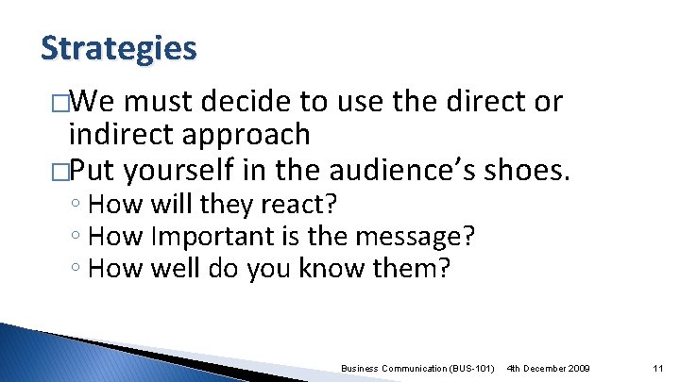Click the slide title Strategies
coord(119,47)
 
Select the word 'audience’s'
coord(401,171)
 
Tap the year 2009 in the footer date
coord(575,366)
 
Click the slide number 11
coord(658,366)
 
